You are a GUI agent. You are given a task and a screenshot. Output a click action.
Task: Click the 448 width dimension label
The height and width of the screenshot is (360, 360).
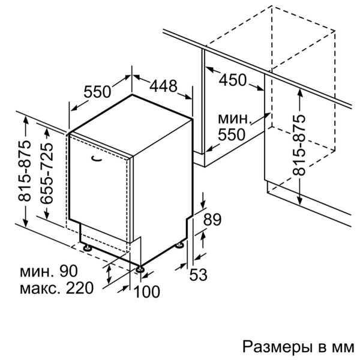(163, 86)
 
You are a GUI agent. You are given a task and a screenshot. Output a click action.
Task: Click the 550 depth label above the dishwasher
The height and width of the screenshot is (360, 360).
(97, 92)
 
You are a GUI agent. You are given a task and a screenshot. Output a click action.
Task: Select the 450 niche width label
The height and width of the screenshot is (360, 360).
(233, 79)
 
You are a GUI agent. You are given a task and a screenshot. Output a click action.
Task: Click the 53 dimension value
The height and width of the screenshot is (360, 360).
(198, 275)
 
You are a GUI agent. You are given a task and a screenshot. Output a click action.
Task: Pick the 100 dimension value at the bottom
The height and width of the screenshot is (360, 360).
(148, 292)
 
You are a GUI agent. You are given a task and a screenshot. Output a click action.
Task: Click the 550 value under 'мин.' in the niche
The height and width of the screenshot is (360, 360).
(231, 135)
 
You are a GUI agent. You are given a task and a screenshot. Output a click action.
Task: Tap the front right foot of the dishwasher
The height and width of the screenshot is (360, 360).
(140, 268)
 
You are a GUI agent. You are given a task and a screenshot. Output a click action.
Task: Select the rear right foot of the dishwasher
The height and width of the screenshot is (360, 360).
(180, 245)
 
